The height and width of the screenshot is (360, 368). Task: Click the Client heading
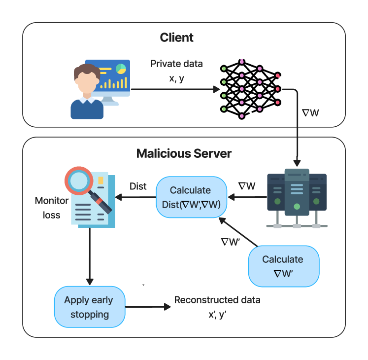[x=176, y=37]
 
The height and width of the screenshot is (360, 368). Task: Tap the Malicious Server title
[x=184, y=154]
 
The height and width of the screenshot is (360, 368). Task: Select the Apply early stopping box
[x=90, y=307]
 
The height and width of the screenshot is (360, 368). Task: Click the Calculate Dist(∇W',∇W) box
[x=191, y=197]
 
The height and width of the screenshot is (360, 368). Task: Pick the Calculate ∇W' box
[x=284, y=266]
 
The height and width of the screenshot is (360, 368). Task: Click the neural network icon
[x=250, y=89]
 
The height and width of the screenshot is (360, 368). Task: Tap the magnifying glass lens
[x=79, y=181]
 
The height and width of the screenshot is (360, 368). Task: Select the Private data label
[x=176, y=64]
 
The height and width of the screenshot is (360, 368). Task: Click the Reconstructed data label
[x=217, y=300]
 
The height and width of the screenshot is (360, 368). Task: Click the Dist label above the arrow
[x=138, y=186]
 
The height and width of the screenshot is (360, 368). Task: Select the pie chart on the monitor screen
[x=121, y=69]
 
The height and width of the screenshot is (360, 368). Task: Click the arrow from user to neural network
[x=175, y=89]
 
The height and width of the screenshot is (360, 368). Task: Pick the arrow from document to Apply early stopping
[x=90, y=256]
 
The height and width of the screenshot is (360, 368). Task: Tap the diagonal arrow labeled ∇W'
[x=238, y=232]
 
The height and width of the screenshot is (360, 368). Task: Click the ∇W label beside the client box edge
[x=310, y=113]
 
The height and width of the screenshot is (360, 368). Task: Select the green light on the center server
[x=297, y=207]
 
